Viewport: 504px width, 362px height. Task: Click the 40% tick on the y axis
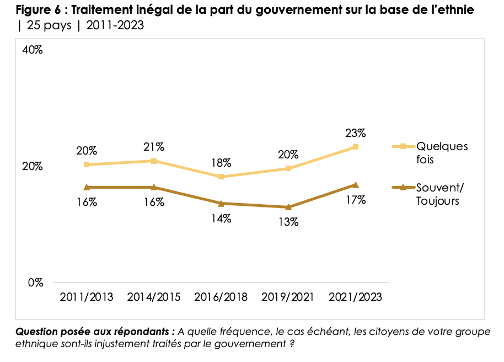(33, 50)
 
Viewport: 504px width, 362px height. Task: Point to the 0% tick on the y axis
(35, 283)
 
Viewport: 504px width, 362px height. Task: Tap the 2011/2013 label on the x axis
(87, 297)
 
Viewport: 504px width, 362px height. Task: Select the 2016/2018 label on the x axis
(221, 297)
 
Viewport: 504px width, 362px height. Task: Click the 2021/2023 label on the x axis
(356, 297)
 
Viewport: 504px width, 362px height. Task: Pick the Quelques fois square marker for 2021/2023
(356, 147)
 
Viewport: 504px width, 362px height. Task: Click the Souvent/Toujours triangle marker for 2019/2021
(288, 207)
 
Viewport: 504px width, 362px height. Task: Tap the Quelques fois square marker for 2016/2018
(221, 177)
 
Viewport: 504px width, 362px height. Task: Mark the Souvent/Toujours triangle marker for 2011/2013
(87, 187)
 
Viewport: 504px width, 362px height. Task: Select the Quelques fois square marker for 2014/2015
(154, 161)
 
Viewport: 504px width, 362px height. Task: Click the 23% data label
(356, 133)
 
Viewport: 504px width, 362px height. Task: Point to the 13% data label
(288, 222)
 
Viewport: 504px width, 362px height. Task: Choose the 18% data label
(221, 163)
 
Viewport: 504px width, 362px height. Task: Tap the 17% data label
(356, 200)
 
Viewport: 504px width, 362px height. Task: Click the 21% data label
(154, 147)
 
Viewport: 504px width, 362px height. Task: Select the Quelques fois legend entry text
(442, 153)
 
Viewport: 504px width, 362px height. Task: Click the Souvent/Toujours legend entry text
(440, 194)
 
